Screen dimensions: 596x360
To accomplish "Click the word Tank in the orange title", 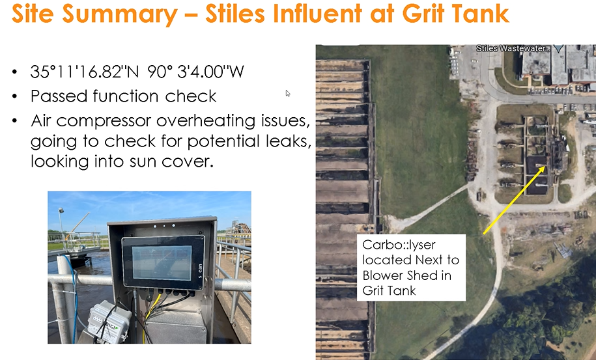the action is (481, 14).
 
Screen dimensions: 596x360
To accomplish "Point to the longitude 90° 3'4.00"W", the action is (195, 72).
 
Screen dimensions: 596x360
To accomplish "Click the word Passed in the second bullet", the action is (59, 96).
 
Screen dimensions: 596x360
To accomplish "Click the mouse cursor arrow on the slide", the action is (288, 93).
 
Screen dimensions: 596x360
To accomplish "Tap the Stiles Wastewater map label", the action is (513, 48).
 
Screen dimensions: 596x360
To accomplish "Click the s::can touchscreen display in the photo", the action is (163, 262).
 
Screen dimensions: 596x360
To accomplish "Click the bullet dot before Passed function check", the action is (14, 96).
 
